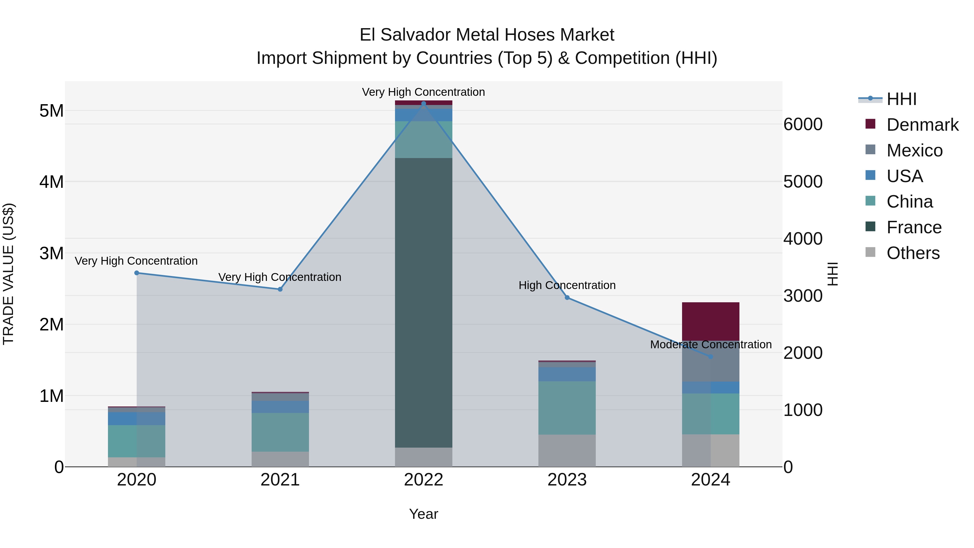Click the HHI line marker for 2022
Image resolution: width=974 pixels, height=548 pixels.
423,103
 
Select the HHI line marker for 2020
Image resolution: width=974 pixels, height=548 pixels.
137,273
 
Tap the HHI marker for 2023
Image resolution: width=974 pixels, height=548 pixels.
567,298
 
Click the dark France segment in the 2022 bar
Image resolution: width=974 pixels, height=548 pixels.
423,303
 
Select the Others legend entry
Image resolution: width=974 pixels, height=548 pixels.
913,253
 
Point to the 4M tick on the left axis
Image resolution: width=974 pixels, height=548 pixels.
51,182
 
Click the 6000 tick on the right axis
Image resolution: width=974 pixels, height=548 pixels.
803,124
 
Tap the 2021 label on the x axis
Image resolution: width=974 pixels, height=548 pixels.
280,480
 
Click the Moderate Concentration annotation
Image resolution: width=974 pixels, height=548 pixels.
710,344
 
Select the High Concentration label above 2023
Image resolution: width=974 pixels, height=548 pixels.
567,285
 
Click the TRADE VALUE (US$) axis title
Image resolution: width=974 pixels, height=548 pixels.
8,274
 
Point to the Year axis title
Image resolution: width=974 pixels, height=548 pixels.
423,514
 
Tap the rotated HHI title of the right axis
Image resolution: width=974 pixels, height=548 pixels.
832,274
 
